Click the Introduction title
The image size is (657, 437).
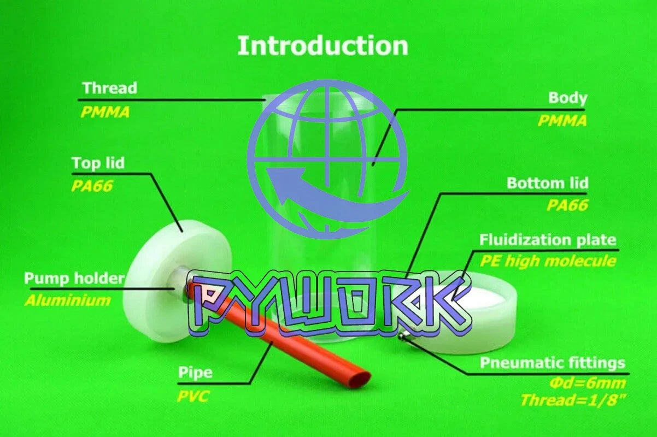pos(322,45)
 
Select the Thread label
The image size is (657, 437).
pos(110,87)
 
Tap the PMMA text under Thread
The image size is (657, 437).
pos(105,112)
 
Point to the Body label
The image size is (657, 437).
pos(568,98)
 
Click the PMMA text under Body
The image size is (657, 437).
pos(562,121)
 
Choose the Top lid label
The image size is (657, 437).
pos(98,163)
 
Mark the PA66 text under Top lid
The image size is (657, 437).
pos(92,186)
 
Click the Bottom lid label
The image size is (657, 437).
pos(548,183)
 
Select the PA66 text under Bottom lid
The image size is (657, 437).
pos(567,205)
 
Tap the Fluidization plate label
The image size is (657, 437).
pos(548,240)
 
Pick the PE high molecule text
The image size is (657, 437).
pos(548,261)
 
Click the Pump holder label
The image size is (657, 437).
pos(74,279)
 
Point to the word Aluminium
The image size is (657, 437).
pos(68,300)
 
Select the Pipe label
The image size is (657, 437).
pos(195,373)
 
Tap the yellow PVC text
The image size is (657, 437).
pos(193,397)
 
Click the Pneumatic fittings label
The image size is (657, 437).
pos(553,363)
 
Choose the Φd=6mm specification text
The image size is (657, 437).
pos(588,383)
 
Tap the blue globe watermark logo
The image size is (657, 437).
pos(327,160)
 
